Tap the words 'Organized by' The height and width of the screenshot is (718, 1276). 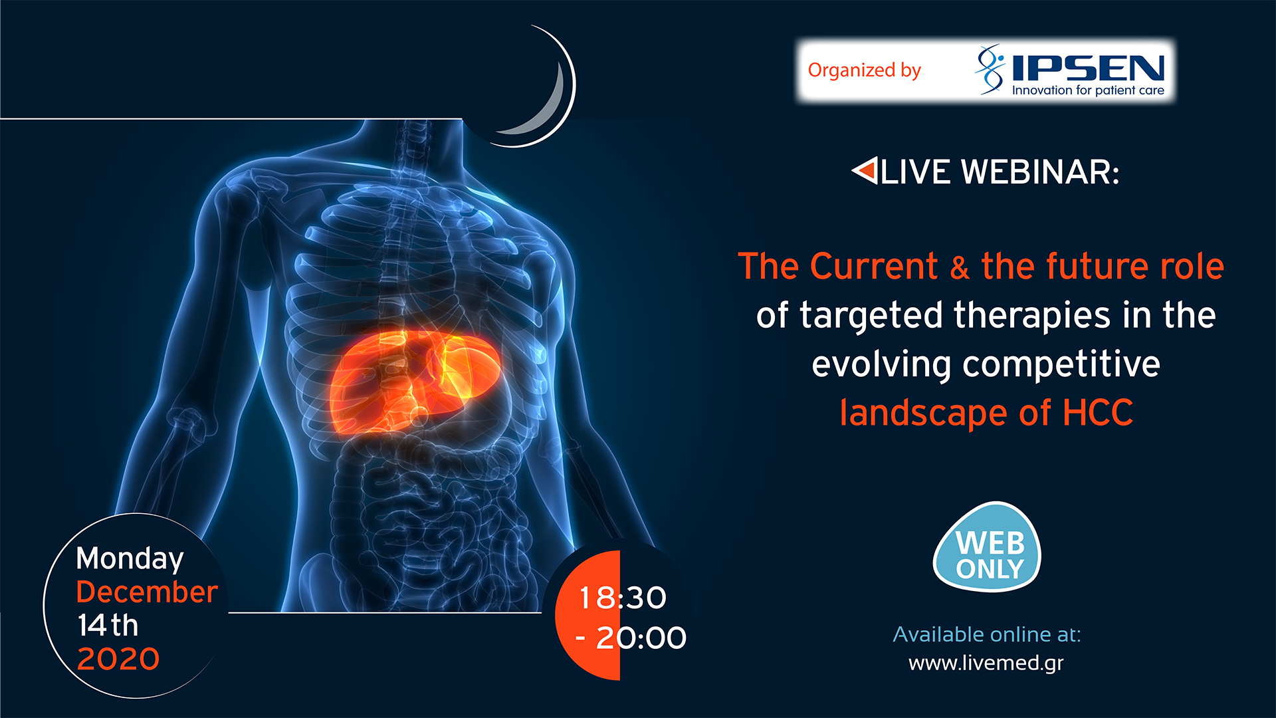[864, 70]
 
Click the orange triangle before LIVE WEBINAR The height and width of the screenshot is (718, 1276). [865, 171]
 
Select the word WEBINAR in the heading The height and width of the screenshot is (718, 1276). [1040, 172]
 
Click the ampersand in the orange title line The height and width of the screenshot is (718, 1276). [959, 268]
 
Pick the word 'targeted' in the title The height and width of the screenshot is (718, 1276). [871, 316]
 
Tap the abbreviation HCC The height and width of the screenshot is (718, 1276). [1097, 413]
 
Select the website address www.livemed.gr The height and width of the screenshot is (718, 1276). [986, 663]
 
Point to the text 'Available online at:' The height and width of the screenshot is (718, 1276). [986, 634]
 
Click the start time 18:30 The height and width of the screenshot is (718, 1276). [622, 598]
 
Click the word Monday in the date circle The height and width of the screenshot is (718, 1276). [130, 559]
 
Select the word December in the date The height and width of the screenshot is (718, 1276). [147, 592]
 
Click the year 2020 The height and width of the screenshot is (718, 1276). [118, 659]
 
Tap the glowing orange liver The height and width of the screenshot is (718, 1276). [412, 382]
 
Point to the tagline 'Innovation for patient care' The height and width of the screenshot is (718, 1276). [1088, 90]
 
